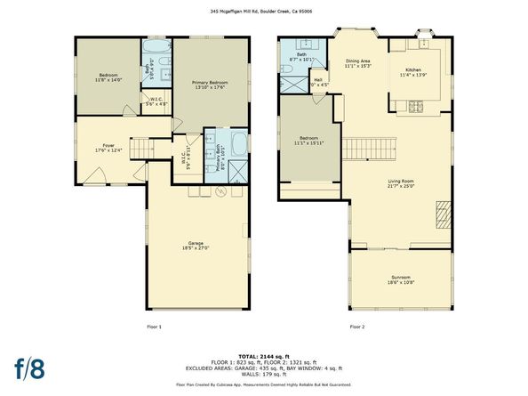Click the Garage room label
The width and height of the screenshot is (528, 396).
(196, 246)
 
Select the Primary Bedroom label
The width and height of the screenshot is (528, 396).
(210, 85)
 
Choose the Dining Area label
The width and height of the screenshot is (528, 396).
(358, 63)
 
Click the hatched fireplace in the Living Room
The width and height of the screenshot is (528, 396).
(442, 214)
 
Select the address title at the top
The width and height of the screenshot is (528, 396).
(263, 12)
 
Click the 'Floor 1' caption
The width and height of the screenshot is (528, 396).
(155, 327)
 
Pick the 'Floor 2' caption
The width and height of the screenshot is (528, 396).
(357, 327)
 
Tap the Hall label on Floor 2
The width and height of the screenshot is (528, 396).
(318, 82)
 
